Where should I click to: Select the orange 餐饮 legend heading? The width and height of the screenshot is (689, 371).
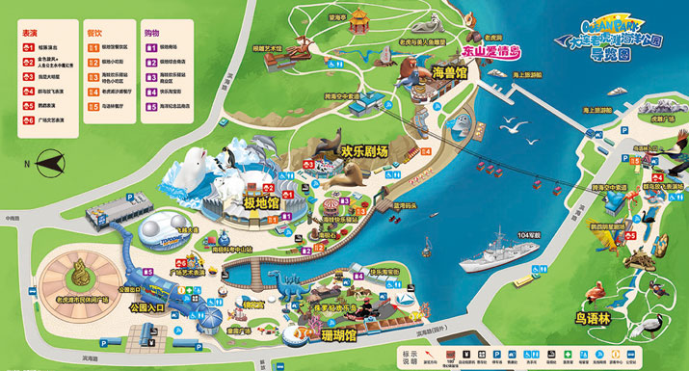click(93, 32)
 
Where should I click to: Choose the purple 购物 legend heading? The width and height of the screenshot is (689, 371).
click(151, 32)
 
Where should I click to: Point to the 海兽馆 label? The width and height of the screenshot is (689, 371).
click(449, 71)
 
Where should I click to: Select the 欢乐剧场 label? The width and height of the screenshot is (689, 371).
click(363, 151)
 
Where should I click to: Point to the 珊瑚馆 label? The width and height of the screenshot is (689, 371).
click(338, 336)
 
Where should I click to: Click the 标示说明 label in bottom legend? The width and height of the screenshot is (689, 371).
click(409, 356)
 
